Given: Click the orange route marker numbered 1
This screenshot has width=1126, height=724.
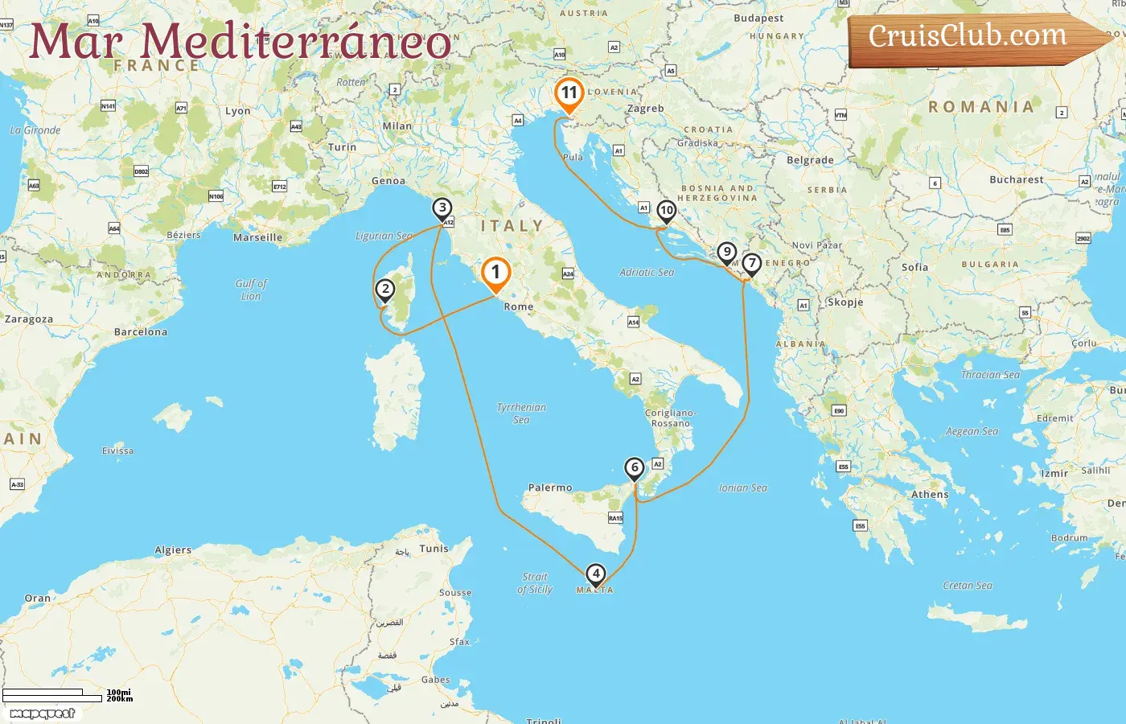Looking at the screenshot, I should coord(495,273).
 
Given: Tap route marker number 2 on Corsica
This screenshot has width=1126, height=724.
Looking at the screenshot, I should coord(385,289).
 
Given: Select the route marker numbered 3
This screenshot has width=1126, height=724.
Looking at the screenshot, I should coord(442,208).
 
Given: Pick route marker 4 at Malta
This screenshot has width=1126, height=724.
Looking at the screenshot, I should coord(595,574).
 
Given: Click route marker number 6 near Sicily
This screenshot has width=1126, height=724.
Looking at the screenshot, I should coord(635,467).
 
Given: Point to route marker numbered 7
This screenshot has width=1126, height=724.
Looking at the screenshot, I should coord(751,263).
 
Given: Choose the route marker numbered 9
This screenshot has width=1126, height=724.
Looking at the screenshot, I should coord(727,252).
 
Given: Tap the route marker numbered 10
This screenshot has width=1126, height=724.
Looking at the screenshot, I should coord(666,211).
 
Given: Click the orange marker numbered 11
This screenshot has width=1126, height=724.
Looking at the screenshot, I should coord(569,93).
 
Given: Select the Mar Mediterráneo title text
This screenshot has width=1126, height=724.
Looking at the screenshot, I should coord(240,41).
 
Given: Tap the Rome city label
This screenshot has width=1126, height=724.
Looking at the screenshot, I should coord(519,306).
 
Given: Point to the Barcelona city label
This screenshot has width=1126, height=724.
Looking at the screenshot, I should coord(141,331).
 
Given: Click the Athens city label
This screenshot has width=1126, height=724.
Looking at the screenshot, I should coord(930,495).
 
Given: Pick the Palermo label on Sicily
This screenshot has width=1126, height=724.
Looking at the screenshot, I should coord(550,487).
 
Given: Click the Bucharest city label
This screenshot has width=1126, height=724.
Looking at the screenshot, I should coord(1017,179).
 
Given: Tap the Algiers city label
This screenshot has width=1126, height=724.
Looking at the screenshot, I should coord(173,550).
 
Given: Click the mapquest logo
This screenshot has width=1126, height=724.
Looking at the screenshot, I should coord(43,713).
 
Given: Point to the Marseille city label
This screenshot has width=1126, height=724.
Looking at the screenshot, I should coord(258,237).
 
